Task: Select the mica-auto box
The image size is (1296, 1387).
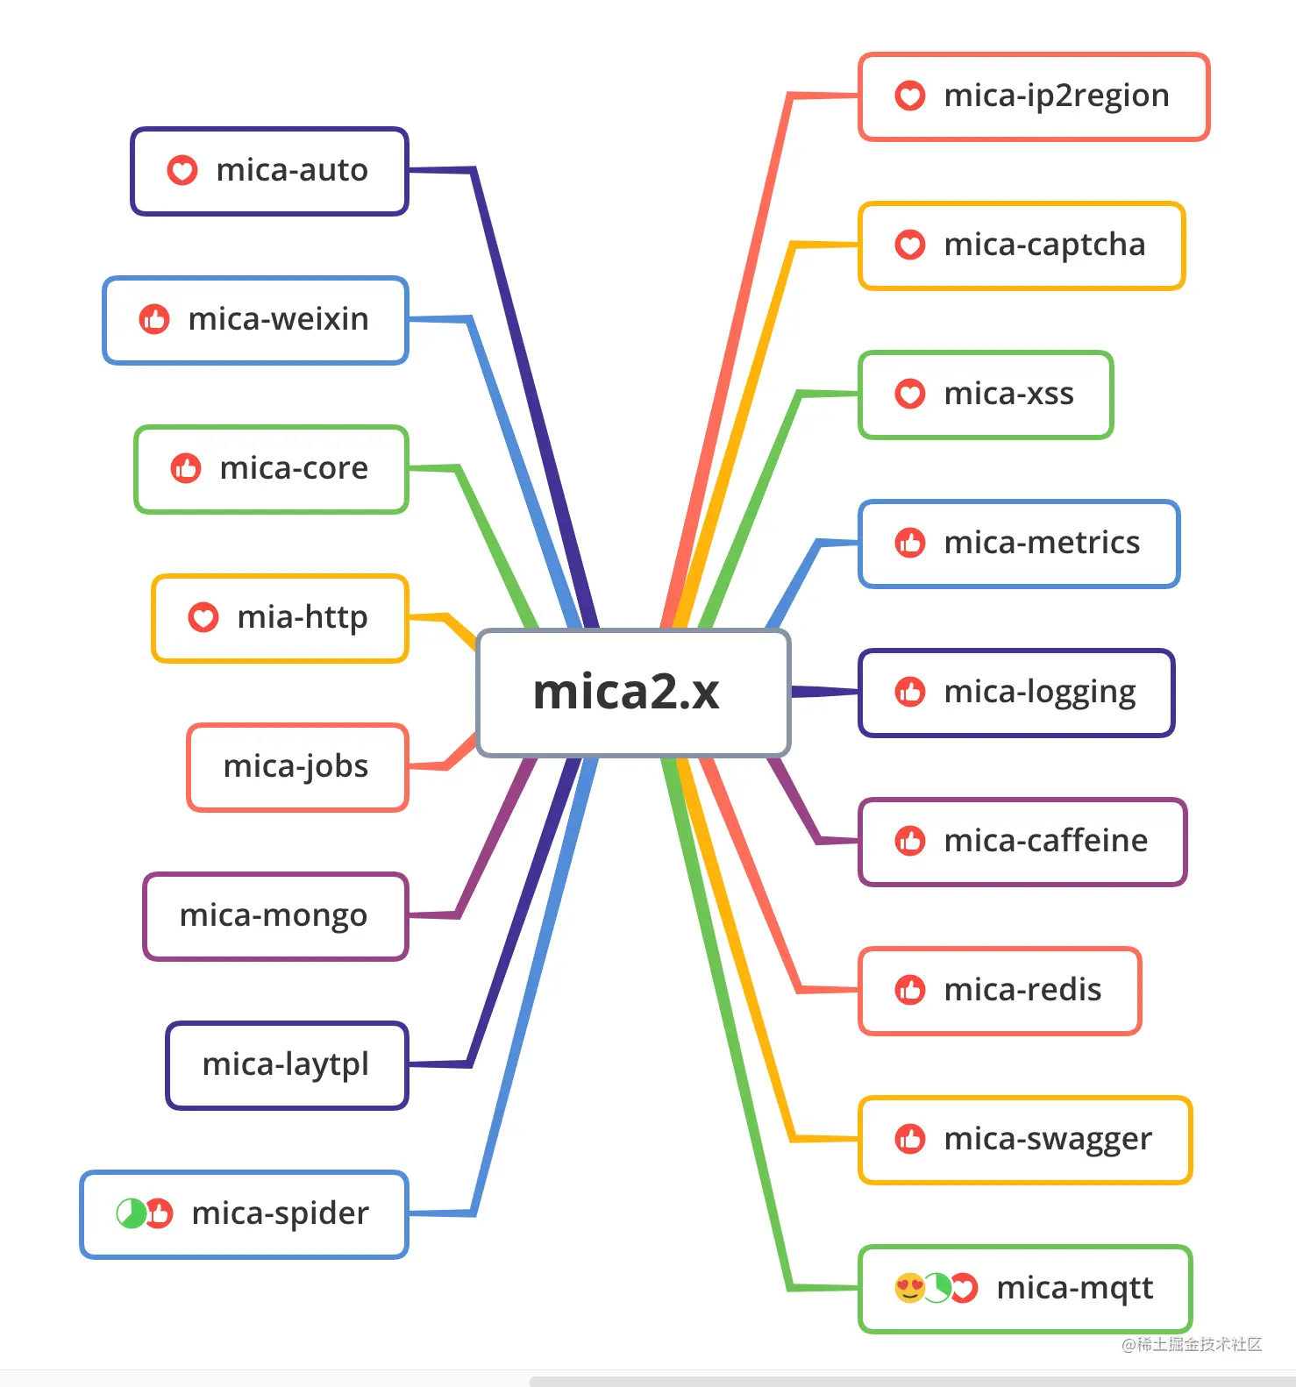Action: [270, 171]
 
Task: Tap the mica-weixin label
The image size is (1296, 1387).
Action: [278, 319]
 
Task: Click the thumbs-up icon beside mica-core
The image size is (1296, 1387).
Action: [186, 468]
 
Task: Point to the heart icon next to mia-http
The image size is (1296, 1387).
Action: [203, 617]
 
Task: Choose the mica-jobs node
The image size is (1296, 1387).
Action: [297, 767]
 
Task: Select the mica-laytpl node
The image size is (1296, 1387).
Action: [287, 1065]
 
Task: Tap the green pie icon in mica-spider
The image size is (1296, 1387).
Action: [131, 1213]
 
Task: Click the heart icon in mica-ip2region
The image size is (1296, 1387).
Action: [910, 96]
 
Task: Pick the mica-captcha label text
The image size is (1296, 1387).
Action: [1044, 245]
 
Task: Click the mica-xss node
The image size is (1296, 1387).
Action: [986, 395]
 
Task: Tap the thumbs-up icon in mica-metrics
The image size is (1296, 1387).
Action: [910, 544]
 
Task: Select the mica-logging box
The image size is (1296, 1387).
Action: [1016, 693]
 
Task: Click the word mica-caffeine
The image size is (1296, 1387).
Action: [1045, 842]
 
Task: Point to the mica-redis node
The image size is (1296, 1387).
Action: [1000, 991]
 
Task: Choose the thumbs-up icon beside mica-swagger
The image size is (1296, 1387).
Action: [910, 1140]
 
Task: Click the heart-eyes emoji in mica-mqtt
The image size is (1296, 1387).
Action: [909, 1288]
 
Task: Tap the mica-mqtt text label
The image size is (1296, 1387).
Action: [1075, 1288]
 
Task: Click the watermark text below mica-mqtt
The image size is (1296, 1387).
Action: [1192, 1344]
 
